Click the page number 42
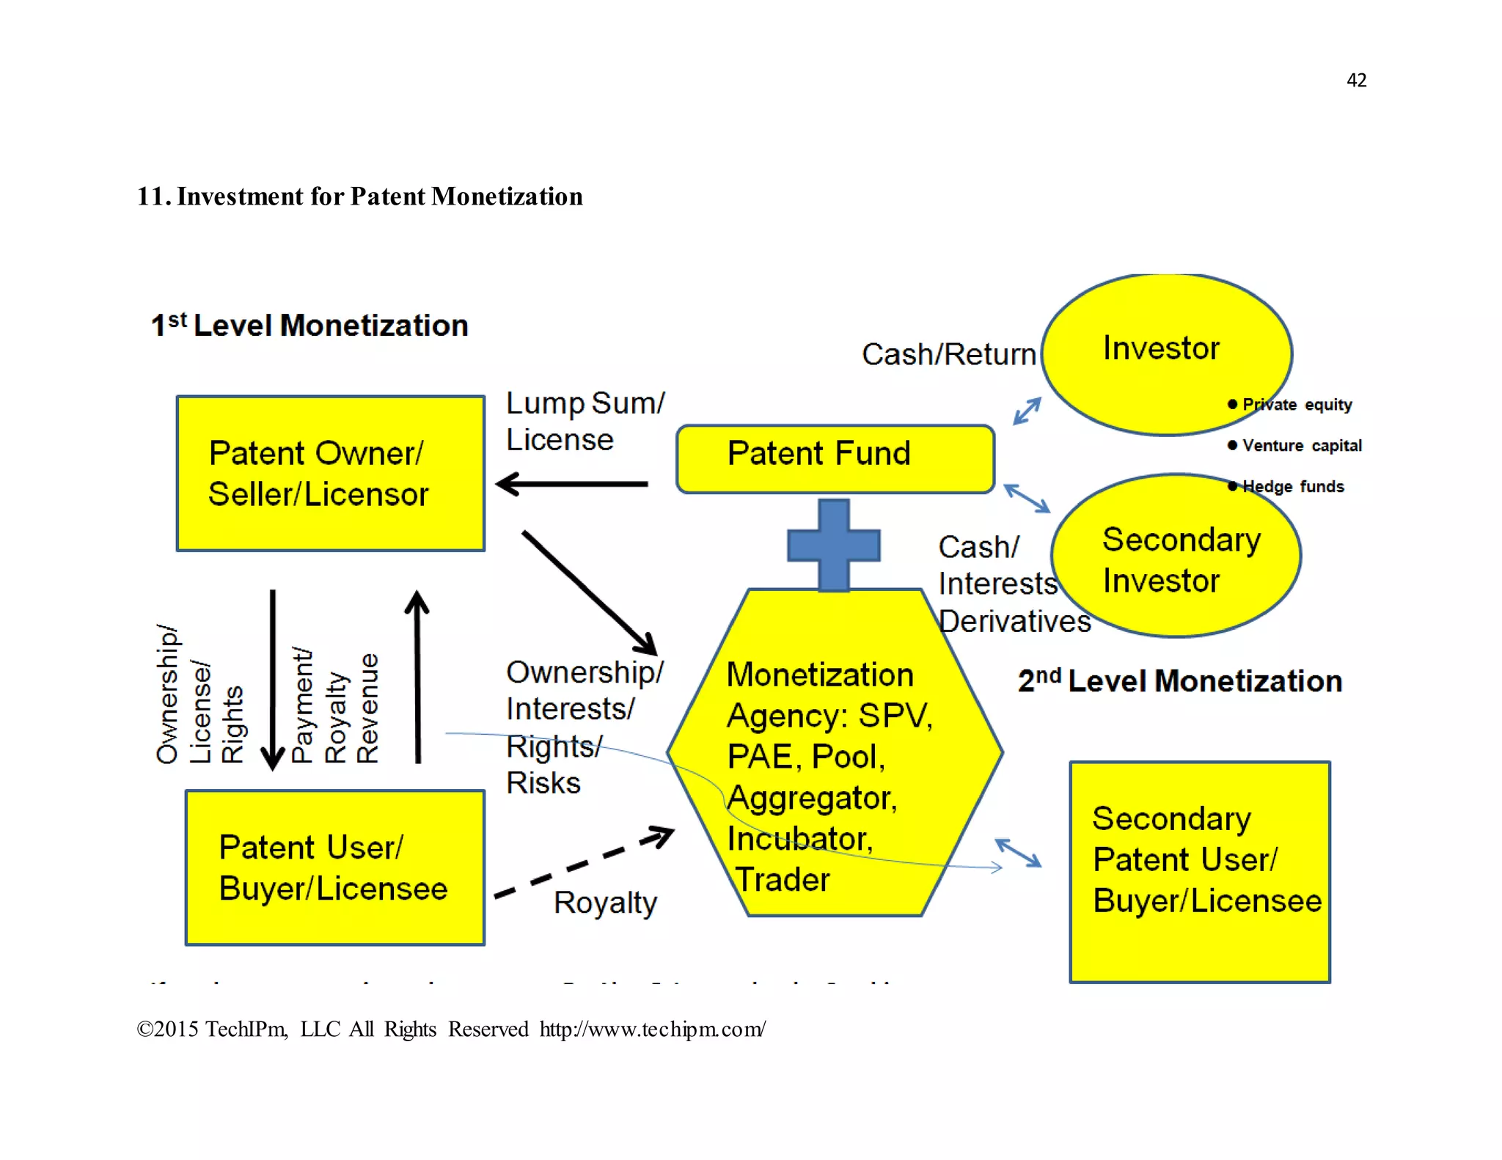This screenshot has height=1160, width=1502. click(1356, 80)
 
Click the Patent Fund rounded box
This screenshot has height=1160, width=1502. click(834, 458)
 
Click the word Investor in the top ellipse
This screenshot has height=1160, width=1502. click(1161, 348)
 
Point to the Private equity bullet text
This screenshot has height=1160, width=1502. click(1296, 405)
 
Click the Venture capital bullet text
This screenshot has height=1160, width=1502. click(1301, 446)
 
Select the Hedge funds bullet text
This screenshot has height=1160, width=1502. click(1292, 487)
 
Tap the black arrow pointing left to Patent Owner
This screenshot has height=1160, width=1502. click(572, 484)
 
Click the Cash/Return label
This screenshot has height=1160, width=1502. click(948, 355)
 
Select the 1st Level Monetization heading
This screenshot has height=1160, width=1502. click(309, 326)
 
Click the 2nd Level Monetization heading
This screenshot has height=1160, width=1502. click(1179, 681)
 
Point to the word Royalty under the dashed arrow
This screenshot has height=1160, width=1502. click(605, 903)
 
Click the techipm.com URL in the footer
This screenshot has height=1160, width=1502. click(652, 1029)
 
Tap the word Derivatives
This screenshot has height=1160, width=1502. click(1014, 622)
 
